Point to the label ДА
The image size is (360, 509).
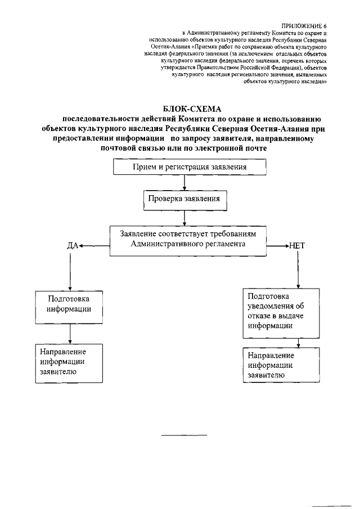pyautogui.click(x=73, y=246)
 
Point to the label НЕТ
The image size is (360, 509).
pyautogui.click(x=296, y=246)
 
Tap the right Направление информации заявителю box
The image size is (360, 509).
pyautogui.click(x=272, y=365)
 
